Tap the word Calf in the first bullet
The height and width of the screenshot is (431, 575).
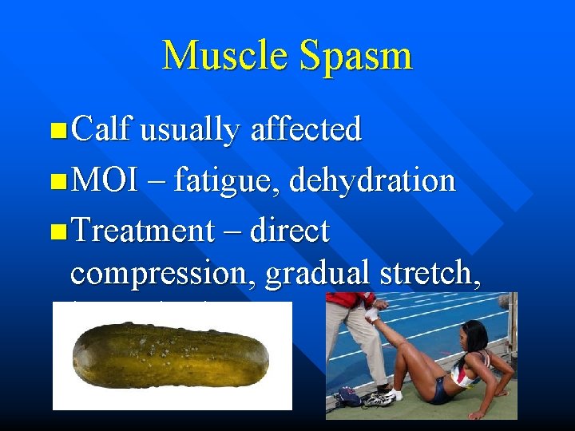pos(101,129)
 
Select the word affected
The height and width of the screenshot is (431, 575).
pos(306,129)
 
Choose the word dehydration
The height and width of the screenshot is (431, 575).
pos(372,180)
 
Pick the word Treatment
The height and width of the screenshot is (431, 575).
pos(142,231)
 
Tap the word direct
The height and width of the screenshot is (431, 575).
pos(290,231)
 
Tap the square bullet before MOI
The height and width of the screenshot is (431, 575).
pos(57,181)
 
